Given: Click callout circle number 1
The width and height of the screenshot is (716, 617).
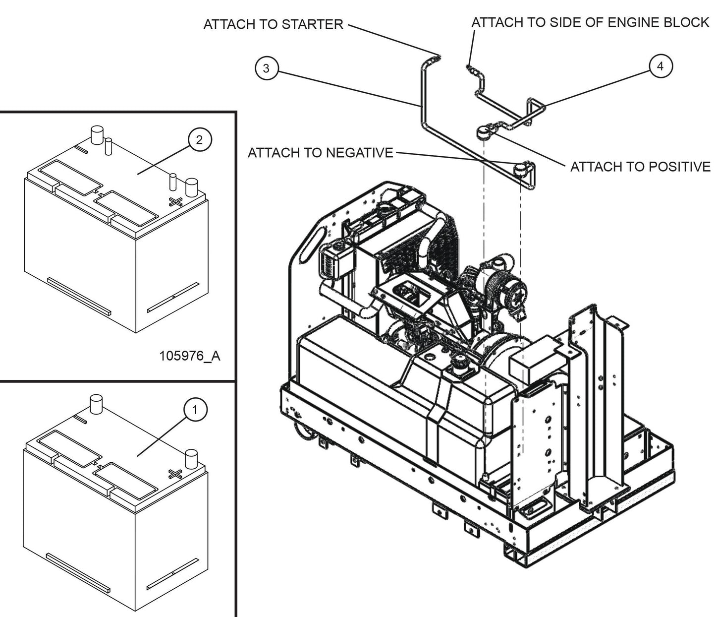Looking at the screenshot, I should tap(195, 410).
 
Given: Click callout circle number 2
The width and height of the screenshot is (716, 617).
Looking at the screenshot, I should tap(199, 140).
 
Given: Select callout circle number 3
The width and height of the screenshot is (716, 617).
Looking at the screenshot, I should tap(266, 68).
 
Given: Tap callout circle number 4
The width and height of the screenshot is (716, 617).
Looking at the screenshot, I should tap(660, 66).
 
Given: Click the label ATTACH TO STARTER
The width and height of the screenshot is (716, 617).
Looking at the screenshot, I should tap(273, 24).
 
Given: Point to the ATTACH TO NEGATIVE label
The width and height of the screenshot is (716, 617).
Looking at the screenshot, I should tap(320, 152).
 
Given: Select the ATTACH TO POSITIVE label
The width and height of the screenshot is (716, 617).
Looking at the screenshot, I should tap(640, 167).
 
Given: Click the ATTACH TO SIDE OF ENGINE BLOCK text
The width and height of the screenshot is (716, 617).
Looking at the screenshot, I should tap(590, 22).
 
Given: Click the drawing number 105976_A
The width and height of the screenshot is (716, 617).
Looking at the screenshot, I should tap(190, 356).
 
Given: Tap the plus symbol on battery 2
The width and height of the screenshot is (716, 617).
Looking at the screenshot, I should tap(175, 201).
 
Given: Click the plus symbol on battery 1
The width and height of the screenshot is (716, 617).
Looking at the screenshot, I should tap(174, 473).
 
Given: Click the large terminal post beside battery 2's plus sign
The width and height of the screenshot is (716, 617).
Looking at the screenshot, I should tap(191, 188).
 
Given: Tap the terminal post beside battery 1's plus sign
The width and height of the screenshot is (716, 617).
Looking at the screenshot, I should tap(191, 458).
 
